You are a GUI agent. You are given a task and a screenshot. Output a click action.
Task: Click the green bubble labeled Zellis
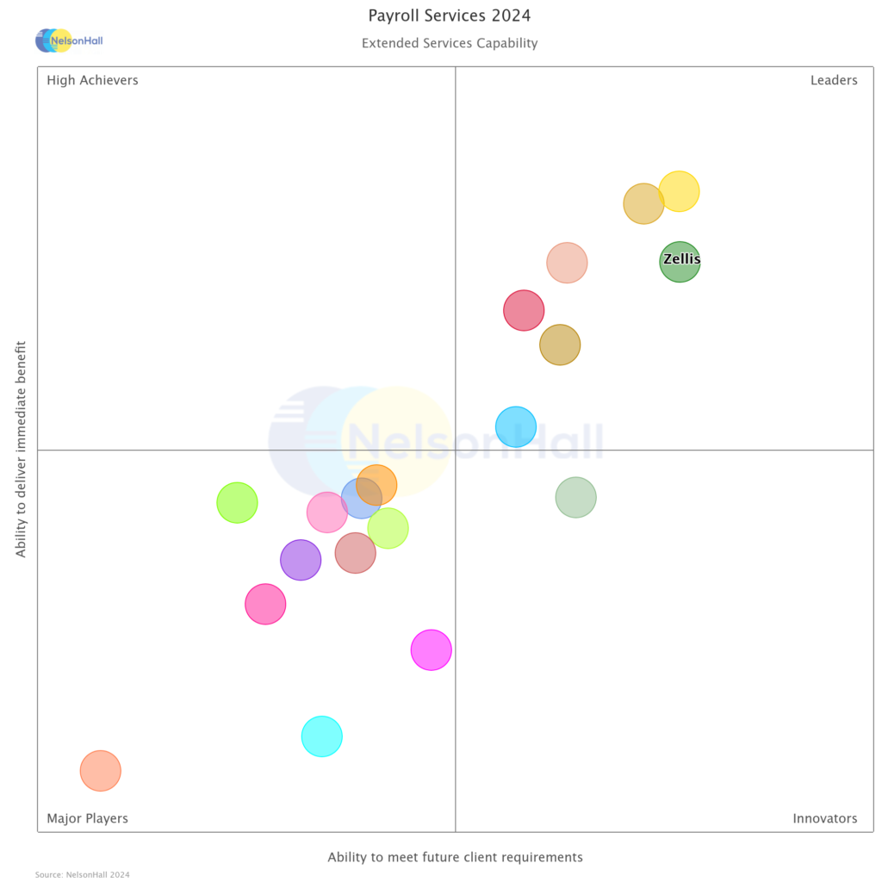(680, 261)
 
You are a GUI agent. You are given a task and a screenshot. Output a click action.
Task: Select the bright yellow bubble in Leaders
(679, 191)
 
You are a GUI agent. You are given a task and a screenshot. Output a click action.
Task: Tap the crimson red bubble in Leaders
(524, 310)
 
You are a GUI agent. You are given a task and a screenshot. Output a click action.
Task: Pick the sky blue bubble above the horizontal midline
(516, 425)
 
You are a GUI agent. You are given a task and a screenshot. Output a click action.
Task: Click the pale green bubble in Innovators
(575, 497)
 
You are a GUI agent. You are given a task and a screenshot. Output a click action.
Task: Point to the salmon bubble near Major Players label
(101, 770)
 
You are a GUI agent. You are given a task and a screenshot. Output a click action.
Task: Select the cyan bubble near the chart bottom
(322, 736)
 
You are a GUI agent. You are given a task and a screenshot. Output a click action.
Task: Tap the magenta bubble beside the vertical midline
(431, 649)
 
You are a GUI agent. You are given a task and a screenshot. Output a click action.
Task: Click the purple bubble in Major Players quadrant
(301, 560)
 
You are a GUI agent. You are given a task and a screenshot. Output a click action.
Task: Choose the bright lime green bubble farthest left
(237, 502)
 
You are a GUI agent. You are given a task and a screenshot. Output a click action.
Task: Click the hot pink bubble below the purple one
(265, 604)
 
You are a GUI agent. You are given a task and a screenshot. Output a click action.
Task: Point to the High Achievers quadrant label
(92, 80)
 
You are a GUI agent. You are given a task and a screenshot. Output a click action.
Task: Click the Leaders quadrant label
(834, 80)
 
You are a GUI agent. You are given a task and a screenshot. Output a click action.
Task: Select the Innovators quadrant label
(824, 818)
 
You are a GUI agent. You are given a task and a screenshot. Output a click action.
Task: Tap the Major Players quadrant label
(87, 818)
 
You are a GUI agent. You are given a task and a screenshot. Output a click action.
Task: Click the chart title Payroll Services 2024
(450, 16)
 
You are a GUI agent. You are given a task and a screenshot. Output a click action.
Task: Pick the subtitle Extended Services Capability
(450, 43)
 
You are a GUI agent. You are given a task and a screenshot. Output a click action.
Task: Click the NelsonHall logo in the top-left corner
(69, 40)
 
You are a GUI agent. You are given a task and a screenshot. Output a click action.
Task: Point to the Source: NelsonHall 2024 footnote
(83, 874)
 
